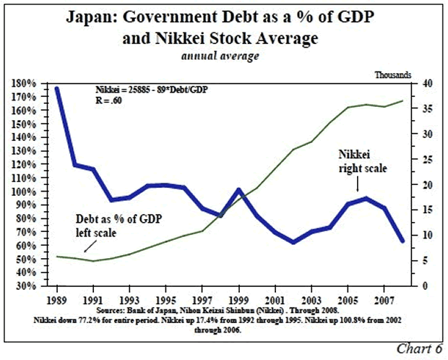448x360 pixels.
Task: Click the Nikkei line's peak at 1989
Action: (x=56, y=88)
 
